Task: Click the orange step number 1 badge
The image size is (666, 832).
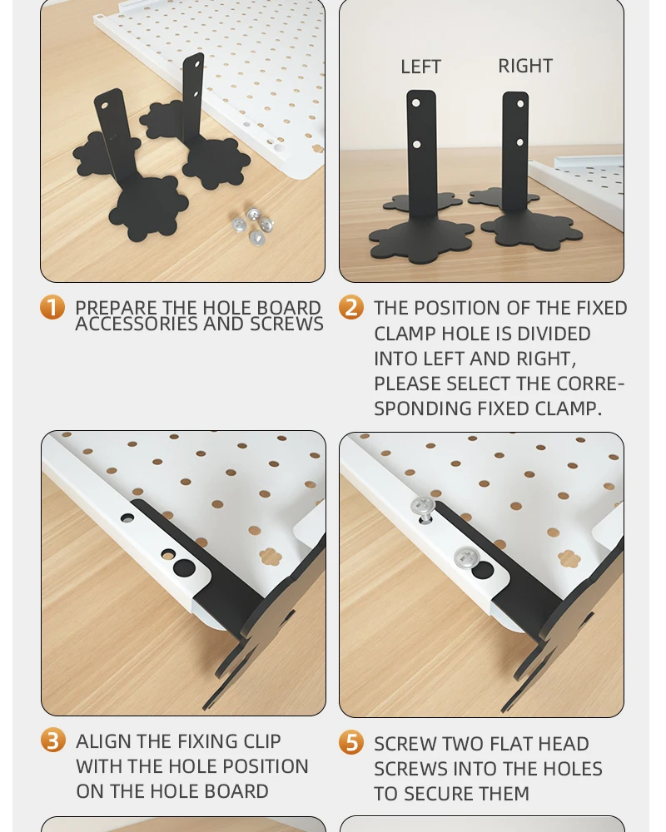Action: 52,308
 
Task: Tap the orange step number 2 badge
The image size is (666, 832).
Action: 351,308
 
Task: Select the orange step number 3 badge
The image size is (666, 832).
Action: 53,740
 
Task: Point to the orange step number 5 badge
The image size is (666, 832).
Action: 351,743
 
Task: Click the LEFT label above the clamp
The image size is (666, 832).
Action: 420,67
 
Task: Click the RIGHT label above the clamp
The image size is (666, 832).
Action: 525,66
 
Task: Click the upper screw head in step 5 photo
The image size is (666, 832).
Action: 423,505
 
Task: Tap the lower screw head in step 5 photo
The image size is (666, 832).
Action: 463,557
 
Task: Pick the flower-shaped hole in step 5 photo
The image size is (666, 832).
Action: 568,557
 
